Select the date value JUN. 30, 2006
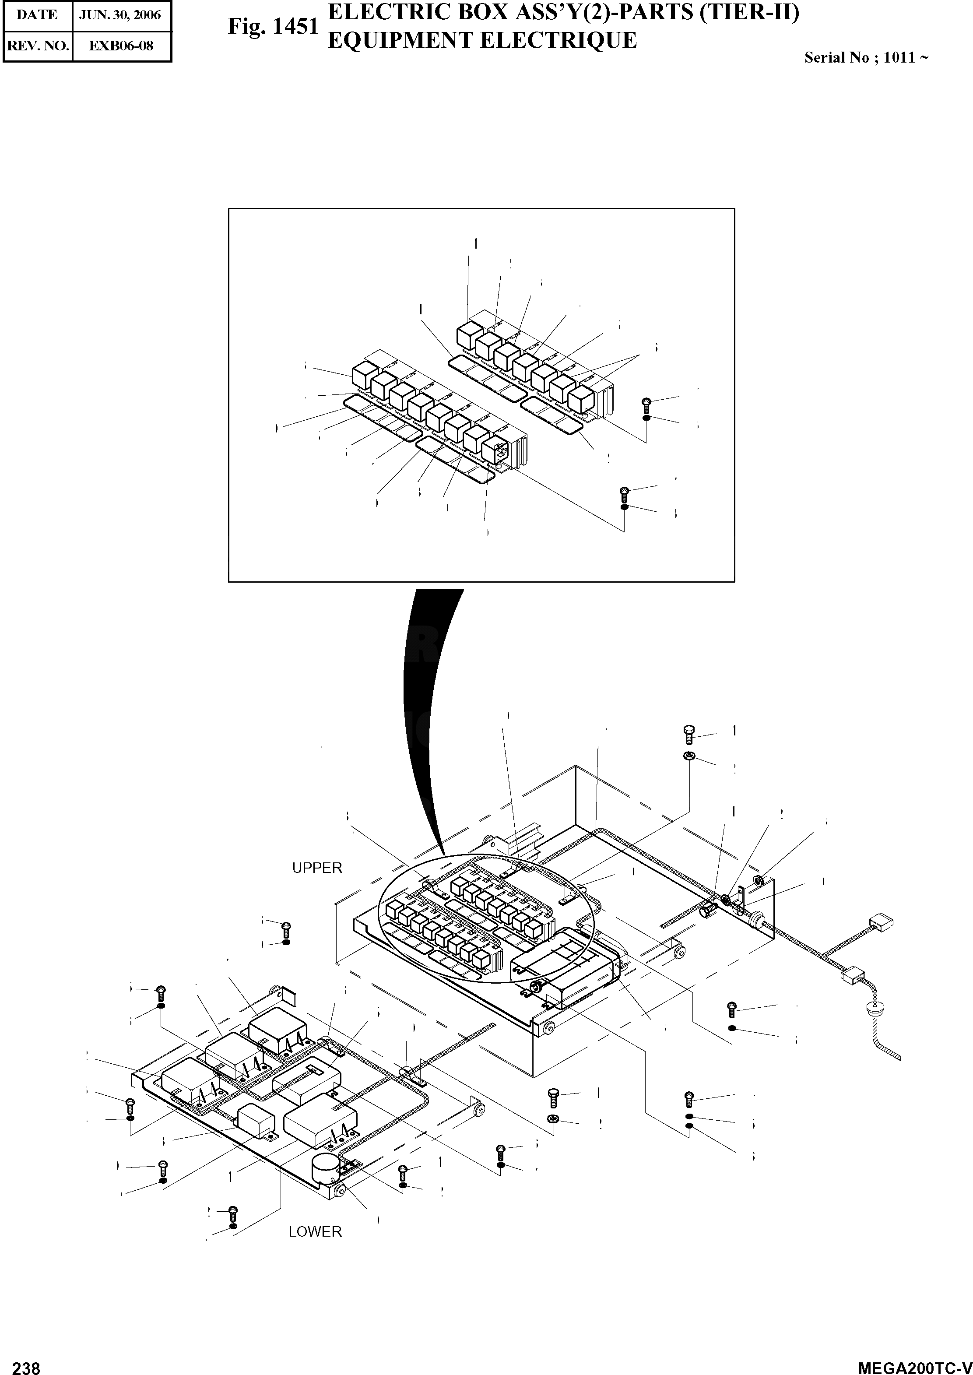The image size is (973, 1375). click(120, 15)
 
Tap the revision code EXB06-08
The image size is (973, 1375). click(121, 46)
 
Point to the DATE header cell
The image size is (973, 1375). click(37, 15)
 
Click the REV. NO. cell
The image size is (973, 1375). click(38, 46)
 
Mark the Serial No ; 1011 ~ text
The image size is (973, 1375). click(866, 57)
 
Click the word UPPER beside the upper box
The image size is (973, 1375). click(317, 868)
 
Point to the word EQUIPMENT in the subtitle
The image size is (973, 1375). click(401, 40)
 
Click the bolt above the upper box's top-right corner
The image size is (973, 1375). click(688, 733)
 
